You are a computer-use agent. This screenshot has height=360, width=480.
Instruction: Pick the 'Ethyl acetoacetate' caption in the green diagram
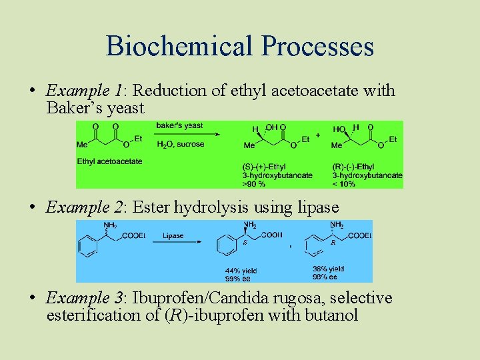click(x=109, y=161)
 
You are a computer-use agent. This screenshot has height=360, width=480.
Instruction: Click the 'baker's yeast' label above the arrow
click(x=179, y=126)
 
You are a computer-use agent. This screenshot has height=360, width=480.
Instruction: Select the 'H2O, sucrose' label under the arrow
click(x=180, y=144)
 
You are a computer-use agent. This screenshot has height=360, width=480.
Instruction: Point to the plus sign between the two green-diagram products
click(x=317, y=135)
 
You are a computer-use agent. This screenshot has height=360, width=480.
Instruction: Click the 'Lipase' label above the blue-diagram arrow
click(x=173, y=235)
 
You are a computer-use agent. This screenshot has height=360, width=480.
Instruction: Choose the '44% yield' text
click(x=241, y=271)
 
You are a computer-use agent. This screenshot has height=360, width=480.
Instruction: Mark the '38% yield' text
click(x=328, y=269)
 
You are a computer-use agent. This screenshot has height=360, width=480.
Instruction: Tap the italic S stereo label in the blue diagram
click(x=245, y=243)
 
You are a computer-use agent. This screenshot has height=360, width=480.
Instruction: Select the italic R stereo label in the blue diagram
click(x=333, y=243)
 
